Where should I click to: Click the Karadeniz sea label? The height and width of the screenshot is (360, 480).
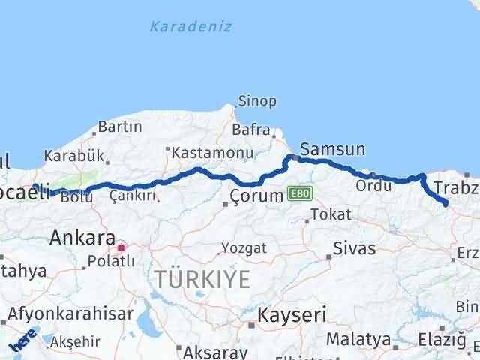[x=190, y=27]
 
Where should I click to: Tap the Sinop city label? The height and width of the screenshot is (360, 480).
[x=257, y=100]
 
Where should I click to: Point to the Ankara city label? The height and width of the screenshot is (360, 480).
[x=82, y=238]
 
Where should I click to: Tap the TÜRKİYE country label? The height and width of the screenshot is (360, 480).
[x=202, y=279]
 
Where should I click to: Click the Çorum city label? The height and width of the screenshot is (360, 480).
[x=257, y=196]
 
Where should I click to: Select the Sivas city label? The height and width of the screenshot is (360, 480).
[x=354, y=247]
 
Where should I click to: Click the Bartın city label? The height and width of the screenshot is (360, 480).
[x=120, y=128]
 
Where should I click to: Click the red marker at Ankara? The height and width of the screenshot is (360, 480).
[x=120, y=244]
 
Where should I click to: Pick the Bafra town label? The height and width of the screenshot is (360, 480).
[x=250, y=130]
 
